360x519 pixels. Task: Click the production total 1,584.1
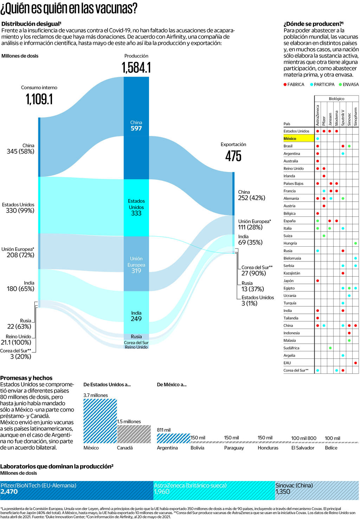pyautogui.click(x=136, y=67)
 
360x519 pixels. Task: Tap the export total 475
pyautogui.click(x=233, y=156)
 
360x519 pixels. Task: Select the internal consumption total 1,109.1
pyautogui.click(x=39, y=99)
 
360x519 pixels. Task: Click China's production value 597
pyautogui.click(x=136, y=129)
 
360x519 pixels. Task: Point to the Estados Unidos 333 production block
pyautogui.click(x=136, y=207)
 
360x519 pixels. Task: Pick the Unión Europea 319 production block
pyautogui.click(x=136, y=265)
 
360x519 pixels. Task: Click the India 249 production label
pyautogui.click(x=136, y=316)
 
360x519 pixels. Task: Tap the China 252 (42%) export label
pyautogui.click(x=251, y=195)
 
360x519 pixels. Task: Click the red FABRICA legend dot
pyautogui.click(x=285, y=84)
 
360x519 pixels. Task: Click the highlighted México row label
pyautogui.click(x=290, y=138)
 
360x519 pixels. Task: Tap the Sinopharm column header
pyautogui.click(x=355, y=116)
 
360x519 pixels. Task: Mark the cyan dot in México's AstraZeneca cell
pyautogui.click(x=317, y=138)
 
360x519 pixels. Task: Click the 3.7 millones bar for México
pyautogui.click(x=100, y=421)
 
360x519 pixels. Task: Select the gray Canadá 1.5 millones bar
pyautogui.click(x=134, y=434)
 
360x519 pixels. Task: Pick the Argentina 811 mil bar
pyautogui.click(x=173, y=438)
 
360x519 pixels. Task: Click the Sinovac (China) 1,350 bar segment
pyautogui.click(x=317, y=490)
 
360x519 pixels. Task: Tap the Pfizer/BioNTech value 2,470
pyautogui.click(x=9, y=492)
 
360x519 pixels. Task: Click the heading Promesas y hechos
pyautogui.click(x=26, y=378)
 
